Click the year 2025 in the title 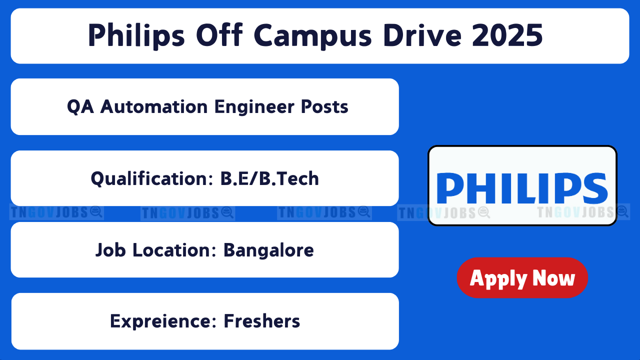click(x=507, y=35)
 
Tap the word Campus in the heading click(x=313, y=36)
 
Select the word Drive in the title click(x=422, y=35)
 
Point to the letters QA click(x=80, y=107)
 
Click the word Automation click(x=153, y=106)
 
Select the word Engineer click(x=254, y=107)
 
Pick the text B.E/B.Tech click(x=269, y=178)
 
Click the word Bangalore click(x=268, y=250)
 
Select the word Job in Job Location click(x=110, y=250)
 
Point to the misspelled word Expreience click(x=163, y=321)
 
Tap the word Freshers click(x=261, y=321)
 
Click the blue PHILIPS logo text click(x=522, y=188)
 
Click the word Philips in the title click(x=136, y=36)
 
